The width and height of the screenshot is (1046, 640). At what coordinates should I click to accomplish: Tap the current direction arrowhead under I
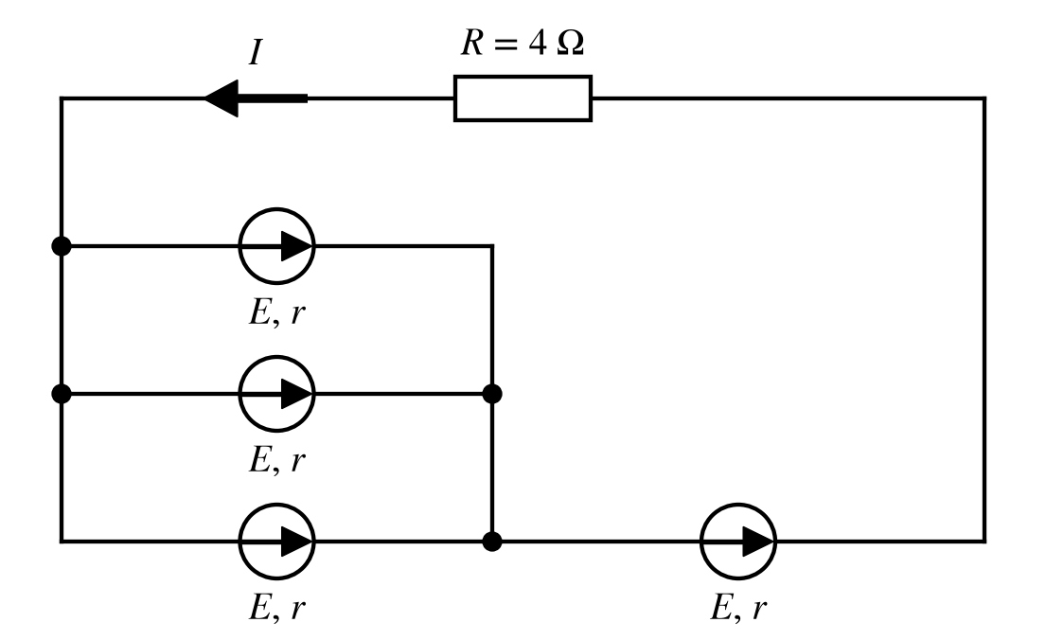(222, 98)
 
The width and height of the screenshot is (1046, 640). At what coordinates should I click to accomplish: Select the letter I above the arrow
(256, 52)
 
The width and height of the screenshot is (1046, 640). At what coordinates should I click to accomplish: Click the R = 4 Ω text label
(523, 43)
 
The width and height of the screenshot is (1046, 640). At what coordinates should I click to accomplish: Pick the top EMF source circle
(276, 209)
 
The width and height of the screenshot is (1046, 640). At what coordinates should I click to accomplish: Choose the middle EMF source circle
(276, 357)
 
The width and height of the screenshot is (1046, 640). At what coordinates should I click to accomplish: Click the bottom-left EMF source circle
(276, 505)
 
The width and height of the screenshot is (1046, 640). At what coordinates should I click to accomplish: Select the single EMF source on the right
(737, 505)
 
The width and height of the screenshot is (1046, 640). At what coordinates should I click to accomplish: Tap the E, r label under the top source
(276, 312)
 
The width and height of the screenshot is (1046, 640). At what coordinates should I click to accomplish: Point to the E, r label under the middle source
(276, 460)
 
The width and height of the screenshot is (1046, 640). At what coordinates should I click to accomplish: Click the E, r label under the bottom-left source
(276, 608)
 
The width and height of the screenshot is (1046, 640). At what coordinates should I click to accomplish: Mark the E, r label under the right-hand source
(738, 608)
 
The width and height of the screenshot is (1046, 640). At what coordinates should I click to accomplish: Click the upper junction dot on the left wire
(62, 246)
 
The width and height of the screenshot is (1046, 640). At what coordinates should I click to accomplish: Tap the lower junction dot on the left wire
(62, 394)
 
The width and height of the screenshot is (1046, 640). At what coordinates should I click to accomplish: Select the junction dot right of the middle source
(491, 394)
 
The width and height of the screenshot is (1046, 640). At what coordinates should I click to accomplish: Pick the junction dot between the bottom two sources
(491, 542)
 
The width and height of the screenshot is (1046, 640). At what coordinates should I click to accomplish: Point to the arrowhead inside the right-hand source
(758, 542)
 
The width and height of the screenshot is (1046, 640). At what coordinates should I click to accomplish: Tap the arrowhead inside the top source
(297, 246)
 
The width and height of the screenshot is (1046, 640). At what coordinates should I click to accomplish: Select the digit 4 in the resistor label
(538, 44)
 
